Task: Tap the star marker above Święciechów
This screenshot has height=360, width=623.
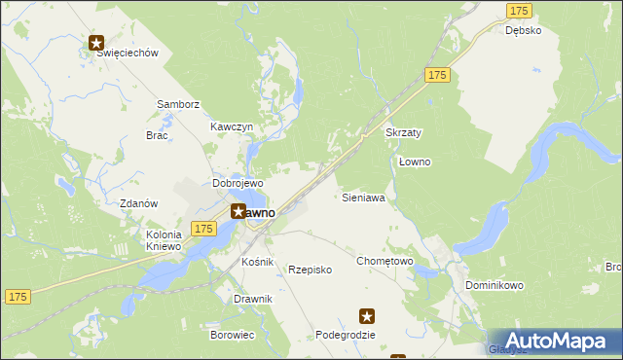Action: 97,42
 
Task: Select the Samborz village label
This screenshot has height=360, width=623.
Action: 178,104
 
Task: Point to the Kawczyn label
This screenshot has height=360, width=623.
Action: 232,127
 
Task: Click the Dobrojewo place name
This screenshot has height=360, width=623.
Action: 238,183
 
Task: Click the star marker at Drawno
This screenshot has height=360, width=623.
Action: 238,210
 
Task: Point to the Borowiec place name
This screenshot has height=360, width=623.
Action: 232,335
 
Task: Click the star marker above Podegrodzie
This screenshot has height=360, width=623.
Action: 367,315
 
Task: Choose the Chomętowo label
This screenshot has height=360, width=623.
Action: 385,261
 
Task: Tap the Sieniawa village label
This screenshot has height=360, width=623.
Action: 363,198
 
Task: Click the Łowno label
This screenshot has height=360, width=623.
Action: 415,162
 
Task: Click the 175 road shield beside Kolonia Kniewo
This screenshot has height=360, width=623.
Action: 202,229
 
